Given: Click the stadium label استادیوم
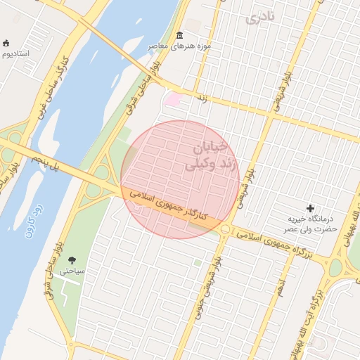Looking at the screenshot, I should pyautogui.click(x=15, y=53).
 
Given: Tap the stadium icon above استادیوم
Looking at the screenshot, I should pyautogui.click(x=6, y=44).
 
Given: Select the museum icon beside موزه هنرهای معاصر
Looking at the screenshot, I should pyautogui.click(x=180, y=35).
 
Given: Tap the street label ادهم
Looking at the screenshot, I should pyautogui.click(x=281, y=285).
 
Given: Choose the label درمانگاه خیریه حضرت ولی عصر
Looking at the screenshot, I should pyautogui.click(x=311, y=224).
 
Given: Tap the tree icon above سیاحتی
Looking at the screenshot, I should pyautogui.click(x=72, y=260).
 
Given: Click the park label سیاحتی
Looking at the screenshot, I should pyautogui.click(x=72, y=271).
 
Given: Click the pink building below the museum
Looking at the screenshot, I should pyautogui.click(x=172, y=100).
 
